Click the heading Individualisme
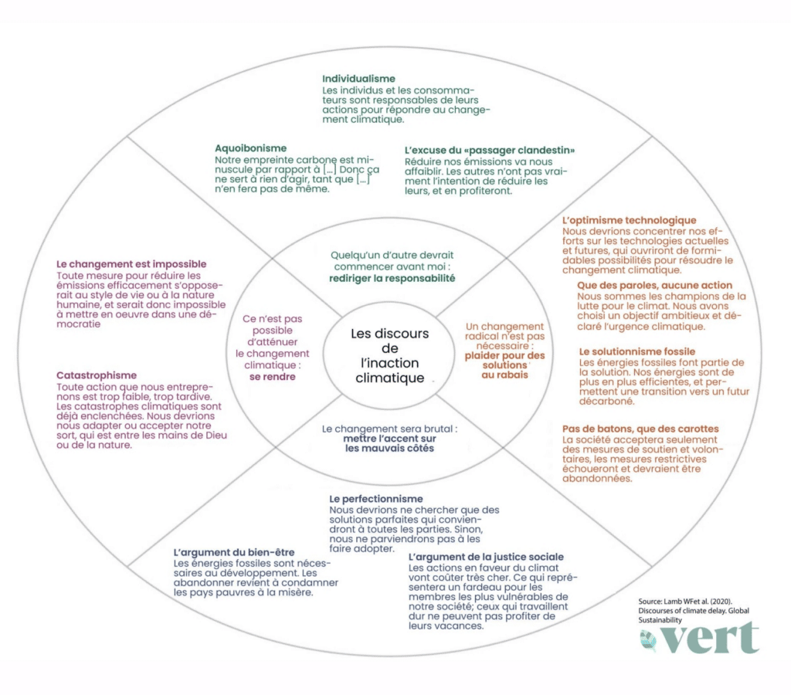pos(358,79)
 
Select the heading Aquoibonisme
pos(251,147)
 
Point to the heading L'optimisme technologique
pos(629,221)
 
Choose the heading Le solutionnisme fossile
pos(637,351)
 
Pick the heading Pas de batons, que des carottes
pos(640,429)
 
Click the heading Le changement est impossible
pos(132,264)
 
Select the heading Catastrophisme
pos(97,375)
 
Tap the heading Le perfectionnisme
pos(375,499)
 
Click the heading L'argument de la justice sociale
pos(486,557)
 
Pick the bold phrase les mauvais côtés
pos(389,448)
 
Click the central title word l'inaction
pos(389,363)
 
